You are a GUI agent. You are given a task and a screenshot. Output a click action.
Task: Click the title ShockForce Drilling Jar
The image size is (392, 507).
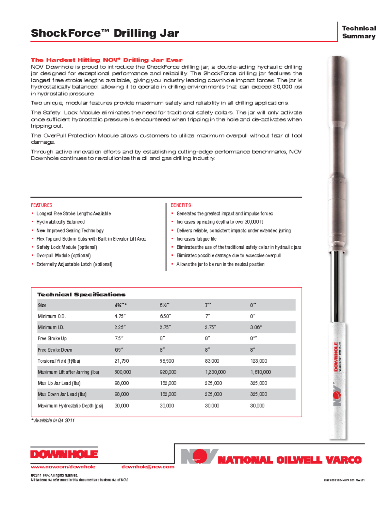105,33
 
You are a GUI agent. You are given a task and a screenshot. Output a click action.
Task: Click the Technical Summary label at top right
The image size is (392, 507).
359,32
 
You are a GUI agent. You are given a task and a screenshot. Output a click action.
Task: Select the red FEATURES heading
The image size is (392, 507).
41,205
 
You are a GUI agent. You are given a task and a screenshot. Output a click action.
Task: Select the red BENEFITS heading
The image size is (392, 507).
181,205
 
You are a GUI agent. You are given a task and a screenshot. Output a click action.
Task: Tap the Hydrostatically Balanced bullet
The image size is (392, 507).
60,222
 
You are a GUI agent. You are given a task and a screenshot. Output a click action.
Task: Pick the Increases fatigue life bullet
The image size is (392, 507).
196,239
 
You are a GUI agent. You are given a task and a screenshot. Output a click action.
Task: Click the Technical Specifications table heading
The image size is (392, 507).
81,294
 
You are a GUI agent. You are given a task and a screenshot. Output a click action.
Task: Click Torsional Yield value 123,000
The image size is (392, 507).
258,361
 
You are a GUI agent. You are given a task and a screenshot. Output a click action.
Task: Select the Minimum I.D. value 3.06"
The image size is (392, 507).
256,327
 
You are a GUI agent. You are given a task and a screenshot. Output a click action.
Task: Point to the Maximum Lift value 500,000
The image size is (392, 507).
122,372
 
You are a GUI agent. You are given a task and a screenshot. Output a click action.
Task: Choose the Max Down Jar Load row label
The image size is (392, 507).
62,394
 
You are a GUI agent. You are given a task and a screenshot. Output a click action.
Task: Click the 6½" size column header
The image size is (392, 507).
164,305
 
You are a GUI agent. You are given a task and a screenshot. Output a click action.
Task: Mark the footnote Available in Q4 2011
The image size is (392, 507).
53,420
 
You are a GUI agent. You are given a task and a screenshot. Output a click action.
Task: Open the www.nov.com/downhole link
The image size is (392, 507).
63,467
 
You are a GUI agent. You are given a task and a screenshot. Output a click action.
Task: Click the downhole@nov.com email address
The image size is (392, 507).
148,467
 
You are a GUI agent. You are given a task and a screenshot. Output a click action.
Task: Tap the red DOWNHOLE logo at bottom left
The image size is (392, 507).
64,454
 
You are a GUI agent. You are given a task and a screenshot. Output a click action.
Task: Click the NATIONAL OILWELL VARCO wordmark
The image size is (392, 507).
289,460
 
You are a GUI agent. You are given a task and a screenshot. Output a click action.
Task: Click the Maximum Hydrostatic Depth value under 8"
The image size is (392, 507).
257,405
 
